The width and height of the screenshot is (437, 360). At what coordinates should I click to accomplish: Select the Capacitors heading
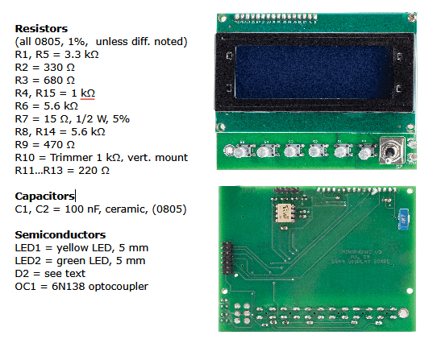pyautogui.click(x=44, y=196)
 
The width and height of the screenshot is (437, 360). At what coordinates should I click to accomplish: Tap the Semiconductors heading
pyautogui.click(x=60, y=234)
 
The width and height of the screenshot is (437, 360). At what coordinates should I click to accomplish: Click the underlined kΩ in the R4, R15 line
pyautogui.click(x=87, y=93)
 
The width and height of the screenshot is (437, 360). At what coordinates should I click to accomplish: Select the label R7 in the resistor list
pyautogui.click(x=23, y=118)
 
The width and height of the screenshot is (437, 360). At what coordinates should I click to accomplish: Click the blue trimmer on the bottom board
pyautogui.click(x=404, y=216)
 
